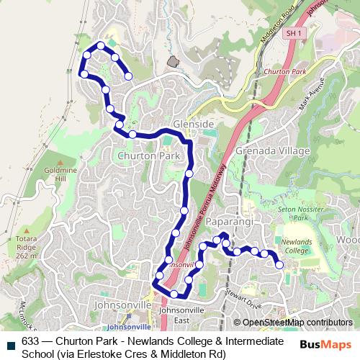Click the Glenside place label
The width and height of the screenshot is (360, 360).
pos(194,124)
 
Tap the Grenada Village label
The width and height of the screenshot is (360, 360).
pos(277,151)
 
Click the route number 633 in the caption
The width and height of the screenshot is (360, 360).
pos(30,341)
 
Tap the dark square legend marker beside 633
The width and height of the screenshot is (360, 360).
pos(10,346)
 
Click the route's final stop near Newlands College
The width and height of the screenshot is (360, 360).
pos(279,265)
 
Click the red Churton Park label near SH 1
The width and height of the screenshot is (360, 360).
pos(285,72)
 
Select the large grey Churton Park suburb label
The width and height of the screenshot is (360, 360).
pos(148,155)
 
